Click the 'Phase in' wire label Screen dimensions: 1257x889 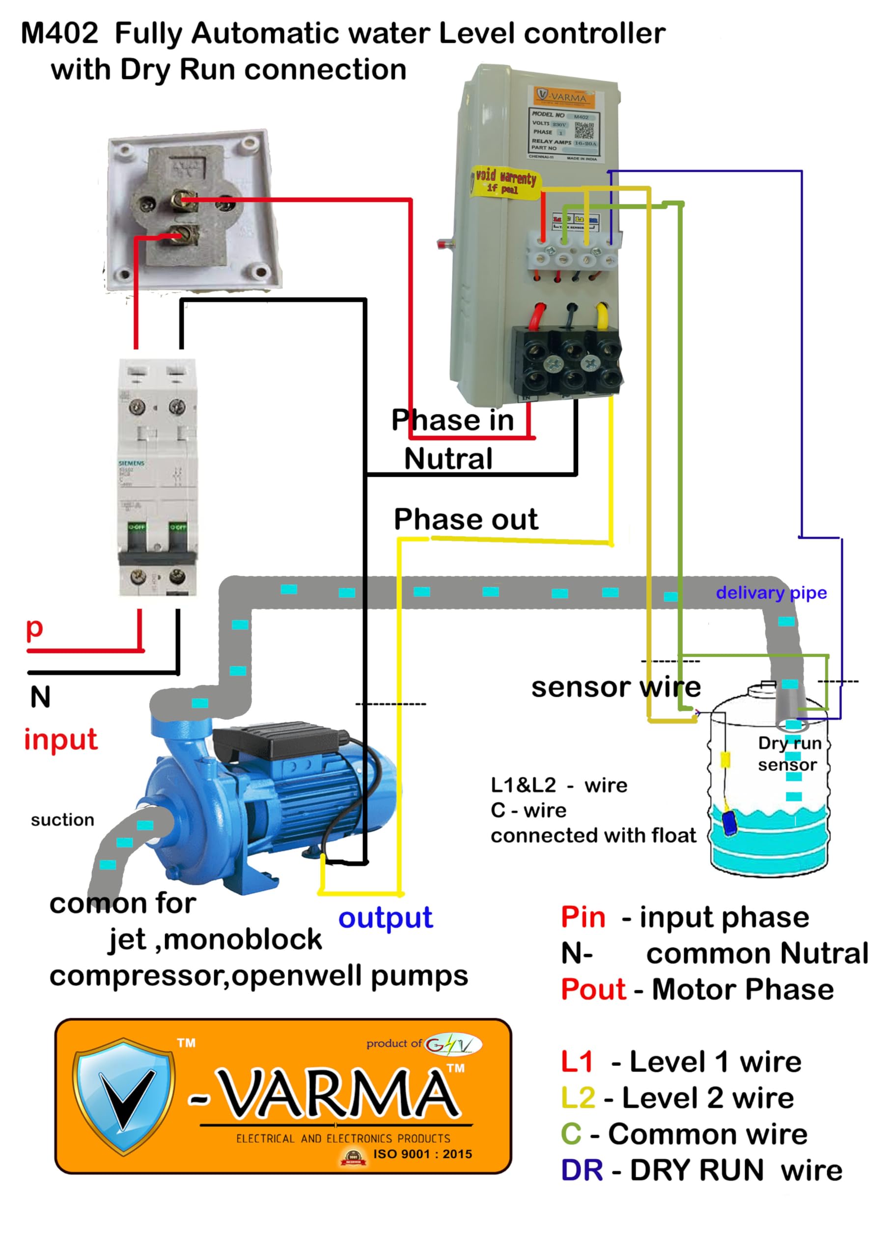[x=452, y=420]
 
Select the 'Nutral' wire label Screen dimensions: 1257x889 [x=448, y=459]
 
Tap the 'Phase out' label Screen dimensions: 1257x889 [x=466, y=519]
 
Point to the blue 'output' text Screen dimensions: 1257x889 [x=385, y=918]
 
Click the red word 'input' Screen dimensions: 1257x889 [x=60, y=739]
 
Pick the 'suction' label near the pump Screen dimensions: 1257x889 [x=62, y=820]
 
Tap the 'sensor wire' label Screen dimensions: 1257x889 [x=616, y=687]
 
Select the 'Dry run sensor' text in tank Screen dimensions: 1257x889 [x=789, y=754]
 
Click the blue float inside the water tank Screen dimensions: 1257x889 [x=729, y=822]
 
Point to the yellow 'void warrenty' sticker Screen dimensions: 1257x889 [x=504, y=181]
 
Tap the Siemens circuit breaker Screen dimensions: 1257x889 [x=157, y=476]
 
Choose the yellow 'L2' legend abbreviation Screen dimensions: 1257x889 [x=578, y=1098]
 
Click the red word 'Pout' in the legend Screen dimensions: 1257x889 [x=593, y=989]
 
